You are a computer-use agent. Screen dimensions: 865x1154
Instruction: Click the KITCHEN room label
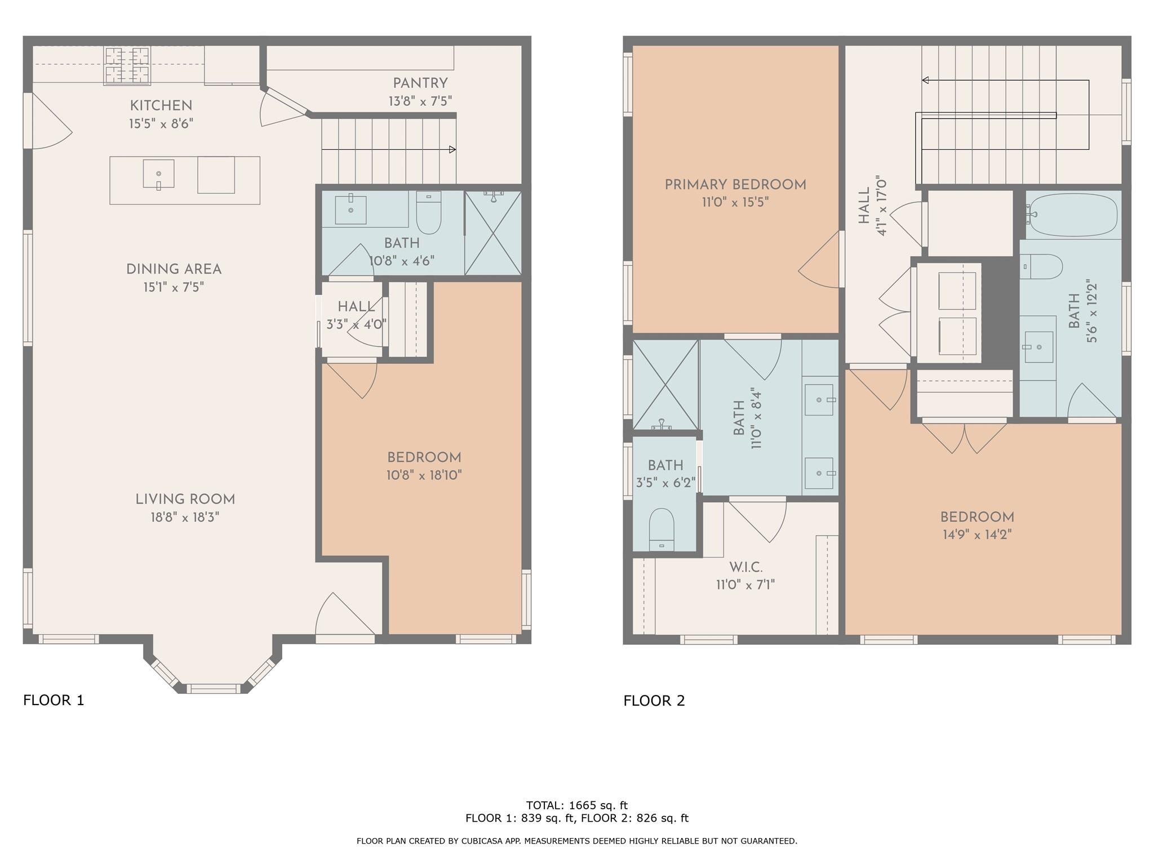tap(161, 105)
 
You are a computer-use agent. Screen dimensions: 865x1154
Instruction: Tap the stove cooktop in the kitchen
tap(127, 65)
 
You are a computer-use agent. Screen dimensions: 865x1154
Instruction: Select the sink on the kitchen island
tap(158, 173)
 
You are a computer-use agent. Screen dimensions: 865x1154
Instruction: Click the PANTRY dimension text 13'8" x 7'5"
tap(420, 101)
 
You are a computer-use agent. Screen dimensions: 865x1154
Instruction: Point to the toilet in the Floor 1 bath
tap(429, 212)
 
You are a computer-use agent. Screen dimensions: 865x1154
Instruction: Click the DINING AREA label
tap(174, 269)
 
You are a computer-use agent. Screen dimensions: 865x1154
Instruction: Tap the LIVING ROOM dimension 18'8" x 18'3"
tap(185, 517)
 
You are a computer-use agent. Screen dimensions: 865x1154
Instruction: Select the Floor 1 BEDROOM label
tap(424, 457)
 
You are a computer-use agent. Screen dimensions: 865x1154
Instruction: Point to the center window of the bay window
tap(213, 688)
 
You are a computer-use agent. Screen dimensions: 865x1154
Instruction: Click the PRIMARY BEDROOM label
tap(735, 185)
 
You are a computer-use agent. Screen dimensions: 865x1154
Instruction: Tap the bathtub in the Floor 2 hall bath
tap(1072, 215)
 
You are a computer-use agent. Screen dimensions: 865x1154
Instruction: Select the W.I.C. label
tap(745, 567)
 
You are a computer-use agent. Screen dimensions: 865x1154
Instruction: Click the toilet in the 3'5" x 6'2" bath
tap(662, 528)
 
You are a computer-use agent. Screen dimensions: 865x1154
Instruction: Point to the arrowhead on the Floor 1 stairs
tap(452, 150)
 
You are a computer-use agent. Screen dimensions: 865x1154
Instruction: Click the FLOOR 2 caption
tap(654, 701)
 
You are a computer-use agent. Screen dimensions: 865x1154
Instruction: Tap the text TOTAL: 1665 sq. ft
tap(576, 805)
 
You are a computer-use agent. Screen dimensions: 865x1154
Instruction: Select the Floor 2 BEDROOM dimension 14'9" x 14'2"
tap(977, 534)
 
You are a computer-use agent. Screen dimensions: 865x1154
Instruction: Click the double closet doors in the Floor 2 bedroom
tap(964, 438)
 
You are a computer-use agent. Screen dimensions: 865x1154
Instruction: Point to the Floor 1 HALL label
tap(356, 307)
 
